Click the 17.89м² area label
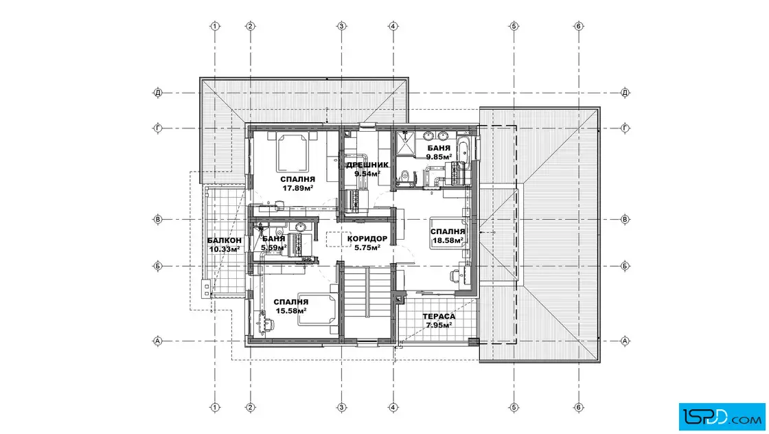[x=298, y=188]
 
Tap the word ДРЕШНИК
[x=367, y=165]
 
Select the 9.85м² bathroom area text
[x=439, y=157]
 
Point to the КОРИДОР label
[x=367, y=239]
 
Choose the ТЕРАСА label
[x=439, y=317]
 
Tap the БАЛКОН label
[x=224, y=240]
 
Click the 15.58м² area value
[x=291, y=310]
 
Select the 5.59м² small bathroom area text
[x=274, y=248]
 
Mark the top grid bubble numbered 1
[x=215, y=26]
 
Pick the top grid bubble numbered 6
[x=579, y=26]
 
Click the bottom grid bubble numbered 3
[x=342, y=407]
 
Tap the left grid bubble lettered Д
[x=158, y=92]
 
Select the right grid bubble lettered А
[x=625, y=341]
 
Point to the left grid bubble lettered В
[x=158, y=219]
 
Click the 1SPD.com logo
[x=722, y=417]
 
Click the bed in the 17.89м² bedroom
[x=293, y=150]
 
